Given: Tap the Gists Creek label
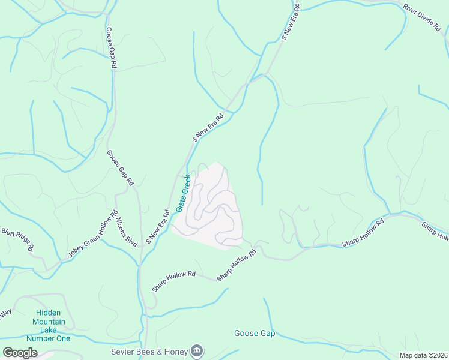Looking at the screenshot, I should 184,193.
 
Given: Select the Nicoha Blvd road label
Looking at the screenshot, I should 127,231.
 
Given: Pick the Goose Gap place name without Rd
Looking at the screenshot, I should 254,334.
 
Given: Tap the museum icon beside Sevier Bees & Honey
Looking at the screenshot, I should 197,350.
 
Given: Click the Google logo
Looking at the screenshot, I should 20,353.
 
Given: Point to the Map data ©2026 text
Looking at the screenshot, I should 423,355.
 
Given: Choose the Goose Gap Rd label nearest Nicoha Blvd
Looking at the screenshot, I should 121,167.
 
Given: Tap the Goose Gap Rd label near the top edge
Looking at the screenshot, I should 111,47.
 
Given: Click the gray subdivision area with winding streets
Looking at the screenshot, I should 210,207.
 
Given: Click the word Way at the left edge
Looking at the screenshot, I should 5,313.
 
